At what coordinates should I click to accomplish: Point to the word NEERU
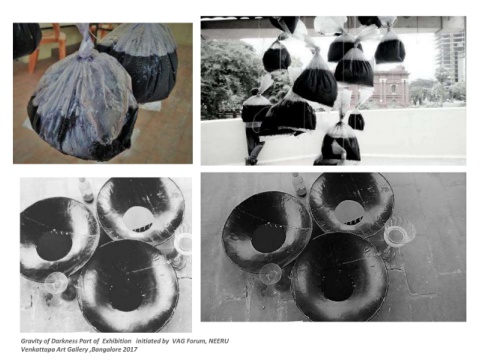click(x=219, y=341)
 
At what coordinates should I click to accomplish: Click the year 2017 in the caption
click(x=130, y=350)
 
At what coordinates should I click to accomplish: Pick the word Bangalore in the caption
click(x=106, y=350)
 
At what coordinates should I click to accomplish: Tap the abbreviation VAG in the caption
click(x=178, y=341)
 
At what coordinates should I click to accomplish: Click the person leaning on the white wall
click(x=254, y=128)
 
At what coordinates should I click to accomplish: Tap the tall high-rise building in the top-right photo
click(x=451, y=58)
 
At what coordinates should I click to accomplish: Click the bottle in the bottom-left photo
click(x=86, y=190)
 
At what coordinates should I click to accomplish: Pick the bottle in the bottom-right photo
click(x=298, y=184)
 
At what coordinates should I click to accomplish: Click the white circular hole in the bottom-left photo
click(x=138, y=217)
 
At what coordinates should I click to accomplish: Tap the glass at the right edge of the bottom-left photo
click(x=183, y=247)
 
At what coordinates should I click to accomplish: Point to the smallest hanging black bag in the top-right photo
click(x=356, y=122)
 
